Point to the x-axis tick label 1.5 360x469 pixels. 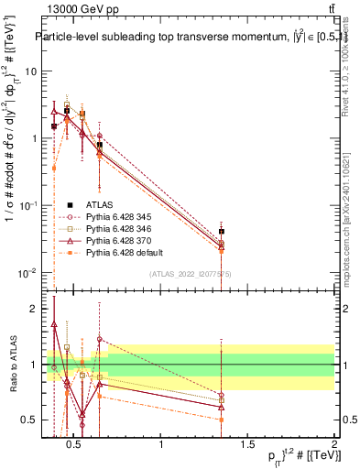point(248,445)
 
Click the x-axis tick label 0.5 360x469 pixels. point(76,445)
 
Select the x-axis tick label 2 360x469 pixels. point(334,445)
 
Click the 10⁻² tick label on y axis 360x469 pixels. point(29,273)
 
